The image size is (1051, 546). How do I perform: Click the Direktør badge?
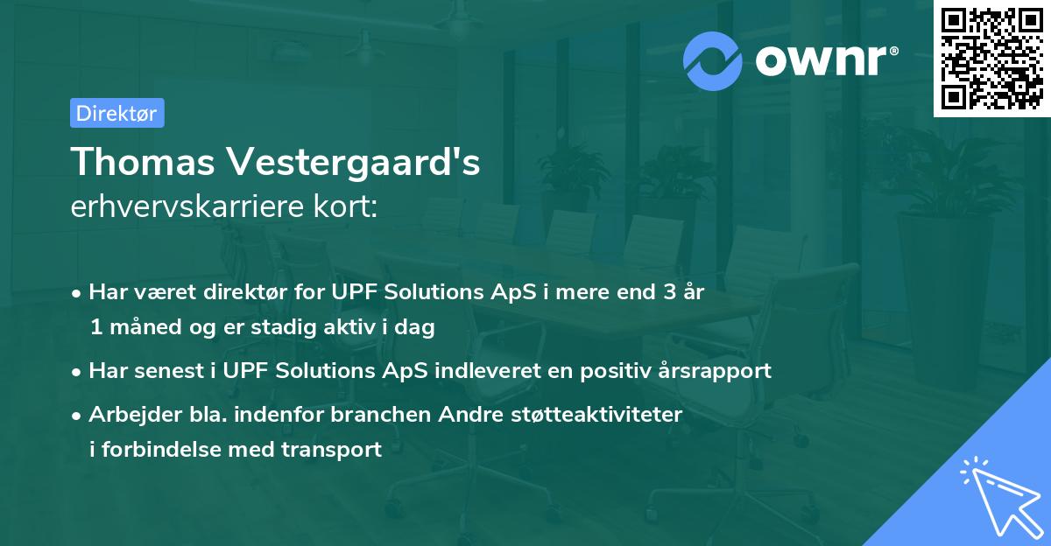point(116,113)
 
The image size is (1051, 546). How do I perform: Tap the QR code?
point(991,58)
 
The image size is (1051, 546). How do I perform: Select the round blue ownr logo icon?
point(713,60)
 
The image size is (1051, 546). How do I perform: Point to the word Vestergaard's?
point(354,162)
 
